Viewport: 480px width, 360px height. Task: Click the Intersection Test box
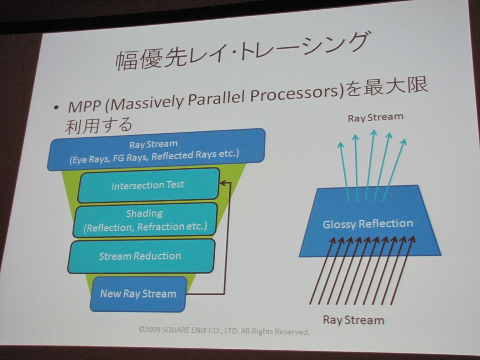[x=149, y=185]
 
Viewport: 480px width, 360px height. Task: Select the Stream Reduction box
[x=141, y=256]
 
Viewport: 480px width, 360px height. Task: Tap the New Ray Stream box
[x=138, y=294]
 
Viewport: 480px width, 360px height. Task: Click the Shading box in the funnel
[x=145, y=220]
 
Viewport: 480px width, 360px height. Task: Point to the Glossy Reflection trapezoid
[x=369, y=222]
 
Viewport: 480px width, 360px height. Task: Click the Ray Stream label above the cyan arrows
[x=375, y=117]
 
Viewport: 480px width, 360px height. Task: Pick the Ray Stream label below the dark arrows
[x=353, y=320]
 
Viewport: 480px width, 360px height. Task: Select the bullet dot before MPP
[x=56, y=108]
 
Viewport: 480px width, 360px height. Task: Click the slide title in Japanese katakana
[x=241, y=52]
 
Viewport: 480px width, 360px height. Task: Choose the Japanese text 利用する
[x=98, y=125]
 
